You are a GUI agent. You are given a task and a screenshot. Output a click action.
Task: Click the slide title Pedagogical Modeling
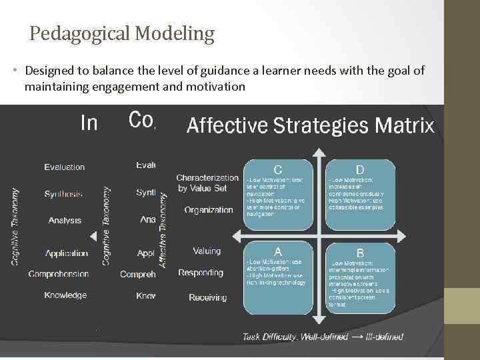pyautogui.click(x=122, y=33)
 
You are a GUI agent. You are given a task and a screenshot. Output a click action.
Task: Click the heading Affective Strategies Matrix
pyautogui.click(x=311, y=125)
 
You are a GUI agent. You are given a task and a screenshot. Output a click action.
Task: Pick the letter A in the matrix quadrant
pyautogui.click(x=277, y=251)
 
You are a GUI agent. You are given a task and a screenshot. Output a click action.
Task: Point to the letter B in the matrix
pyautogui.click(x=360, y=253)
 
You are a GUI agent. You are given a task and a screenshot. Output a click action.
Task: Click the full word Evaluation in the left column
pyautogui.click(x=65, y=167)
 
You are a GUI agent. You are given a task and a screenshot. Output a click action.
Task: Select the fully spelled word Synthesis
pyautogui.click(x=64, y=194)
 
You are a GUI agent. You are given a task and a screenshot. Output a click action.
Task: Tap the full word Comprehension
pyautogui.click(x=59, y=274)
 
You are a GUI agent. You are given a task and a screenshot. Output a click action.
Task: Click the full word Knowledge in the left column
pyautogui.click(x=65, y=295)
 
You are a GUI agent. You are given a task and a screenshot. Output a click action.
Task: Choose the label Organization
pyautogui.click(x=209, y=210)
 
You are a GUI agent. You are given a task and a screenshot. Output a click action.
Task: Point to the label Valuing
pyautogui.click(x=207, y=251)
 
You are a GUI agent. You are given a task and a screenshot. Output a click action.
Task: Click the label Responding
pyautogui.click(x=201, y=273)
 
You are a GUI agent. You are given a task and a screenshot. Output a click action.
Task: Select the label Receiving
pyautogui.click(x=207, y=297)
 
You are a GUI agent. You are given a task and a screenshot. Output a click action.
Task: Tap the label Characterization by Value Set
pyautogui.click(x=207, y=183)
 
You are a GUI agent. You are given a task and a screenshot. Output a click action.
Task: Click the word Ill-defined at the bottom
pyautogui.click(x=385, y=337)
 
